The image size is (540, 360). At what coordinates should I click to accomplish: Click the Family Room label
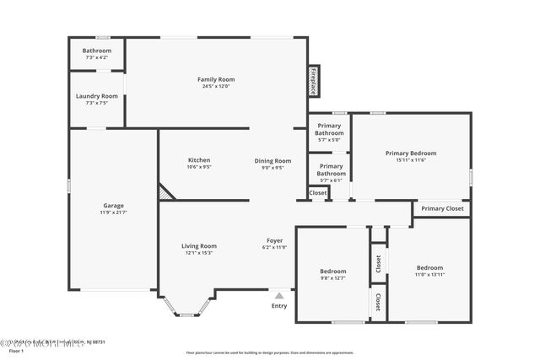click(216, 79)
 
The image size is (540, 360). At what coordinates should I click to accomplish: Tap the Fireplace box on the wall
click(313, 80)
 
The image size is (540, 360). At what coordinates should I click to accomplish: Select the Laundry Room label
click(97, 96)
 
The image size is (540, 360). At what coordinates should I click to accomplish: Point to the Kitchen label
click(199, 160)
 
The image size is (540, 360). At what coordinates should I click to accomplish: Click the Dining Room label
click(273, 160)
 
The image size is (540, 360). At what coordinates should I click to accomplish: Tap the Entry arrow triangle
click(279, 295)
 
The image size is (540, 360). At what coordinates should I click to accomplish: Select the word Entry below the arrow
click(279, 305)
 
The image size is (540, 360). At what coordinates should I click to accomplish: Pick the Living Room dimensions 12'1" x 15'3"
click(199, 253)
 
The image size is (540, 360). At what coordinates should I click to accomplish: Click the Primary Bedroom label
click(411, 153)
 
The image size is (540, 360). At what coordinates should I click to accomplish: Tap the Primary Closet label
click(442, 208)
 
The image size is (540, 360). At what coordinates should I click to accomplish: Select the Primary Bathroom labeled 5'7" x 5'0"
click(329, 129)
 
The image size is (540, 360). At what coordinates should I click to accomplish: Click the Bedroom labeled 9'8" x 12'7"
click(333, 271)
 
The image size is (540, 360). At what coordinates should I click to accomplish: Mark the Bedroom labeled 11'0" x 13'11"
click(429, 267)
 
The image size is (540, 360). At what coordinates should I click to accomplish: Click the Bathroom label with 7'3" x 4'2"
click(97, 51)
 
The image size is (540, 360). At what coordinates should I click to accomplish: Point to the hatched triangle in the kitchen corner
click(165, 193)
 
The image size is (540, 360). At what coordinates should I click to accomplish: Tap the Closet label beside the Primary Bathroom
click(318, 193)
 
